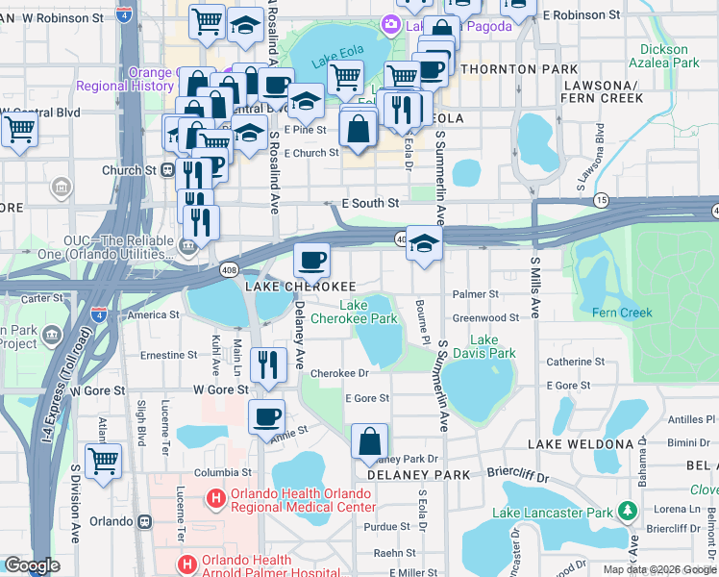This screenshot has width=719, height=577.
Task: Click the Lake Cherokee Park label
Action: click(366, 312)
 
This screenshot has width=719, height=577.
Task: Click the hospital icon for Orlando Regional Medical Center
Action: click(216, 499)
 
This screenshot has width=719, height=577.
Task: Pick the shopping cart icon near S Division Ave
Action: click(103, 460)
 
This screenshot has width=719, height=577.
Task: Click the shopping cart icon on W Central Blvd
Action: click(18, 128)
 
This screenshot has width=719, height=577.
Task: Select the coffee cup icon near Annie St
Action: click(266, 417)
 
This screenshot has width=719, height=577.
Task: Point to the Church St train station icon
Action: click(167, 170)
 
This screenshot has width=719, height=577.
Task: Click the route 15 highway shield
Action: click(602, 199)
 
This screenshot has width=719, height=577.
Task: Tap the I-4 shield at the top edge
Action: click(124, 13)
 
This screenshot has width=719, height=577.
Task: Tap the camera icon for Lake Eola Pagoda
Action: click(391, 23)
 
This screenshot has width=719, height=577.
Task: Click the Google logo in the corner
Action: click(32, 565)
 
